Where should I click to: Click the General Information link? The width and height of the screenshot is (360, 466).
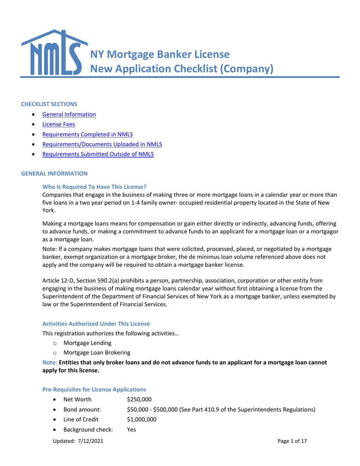point(69,114)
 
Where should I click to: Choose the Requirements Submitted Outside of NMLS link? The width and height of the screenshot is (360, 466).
point(98,154)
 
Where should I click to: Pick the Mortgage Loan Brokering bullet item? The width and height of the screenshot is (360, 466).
point(97,353)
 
